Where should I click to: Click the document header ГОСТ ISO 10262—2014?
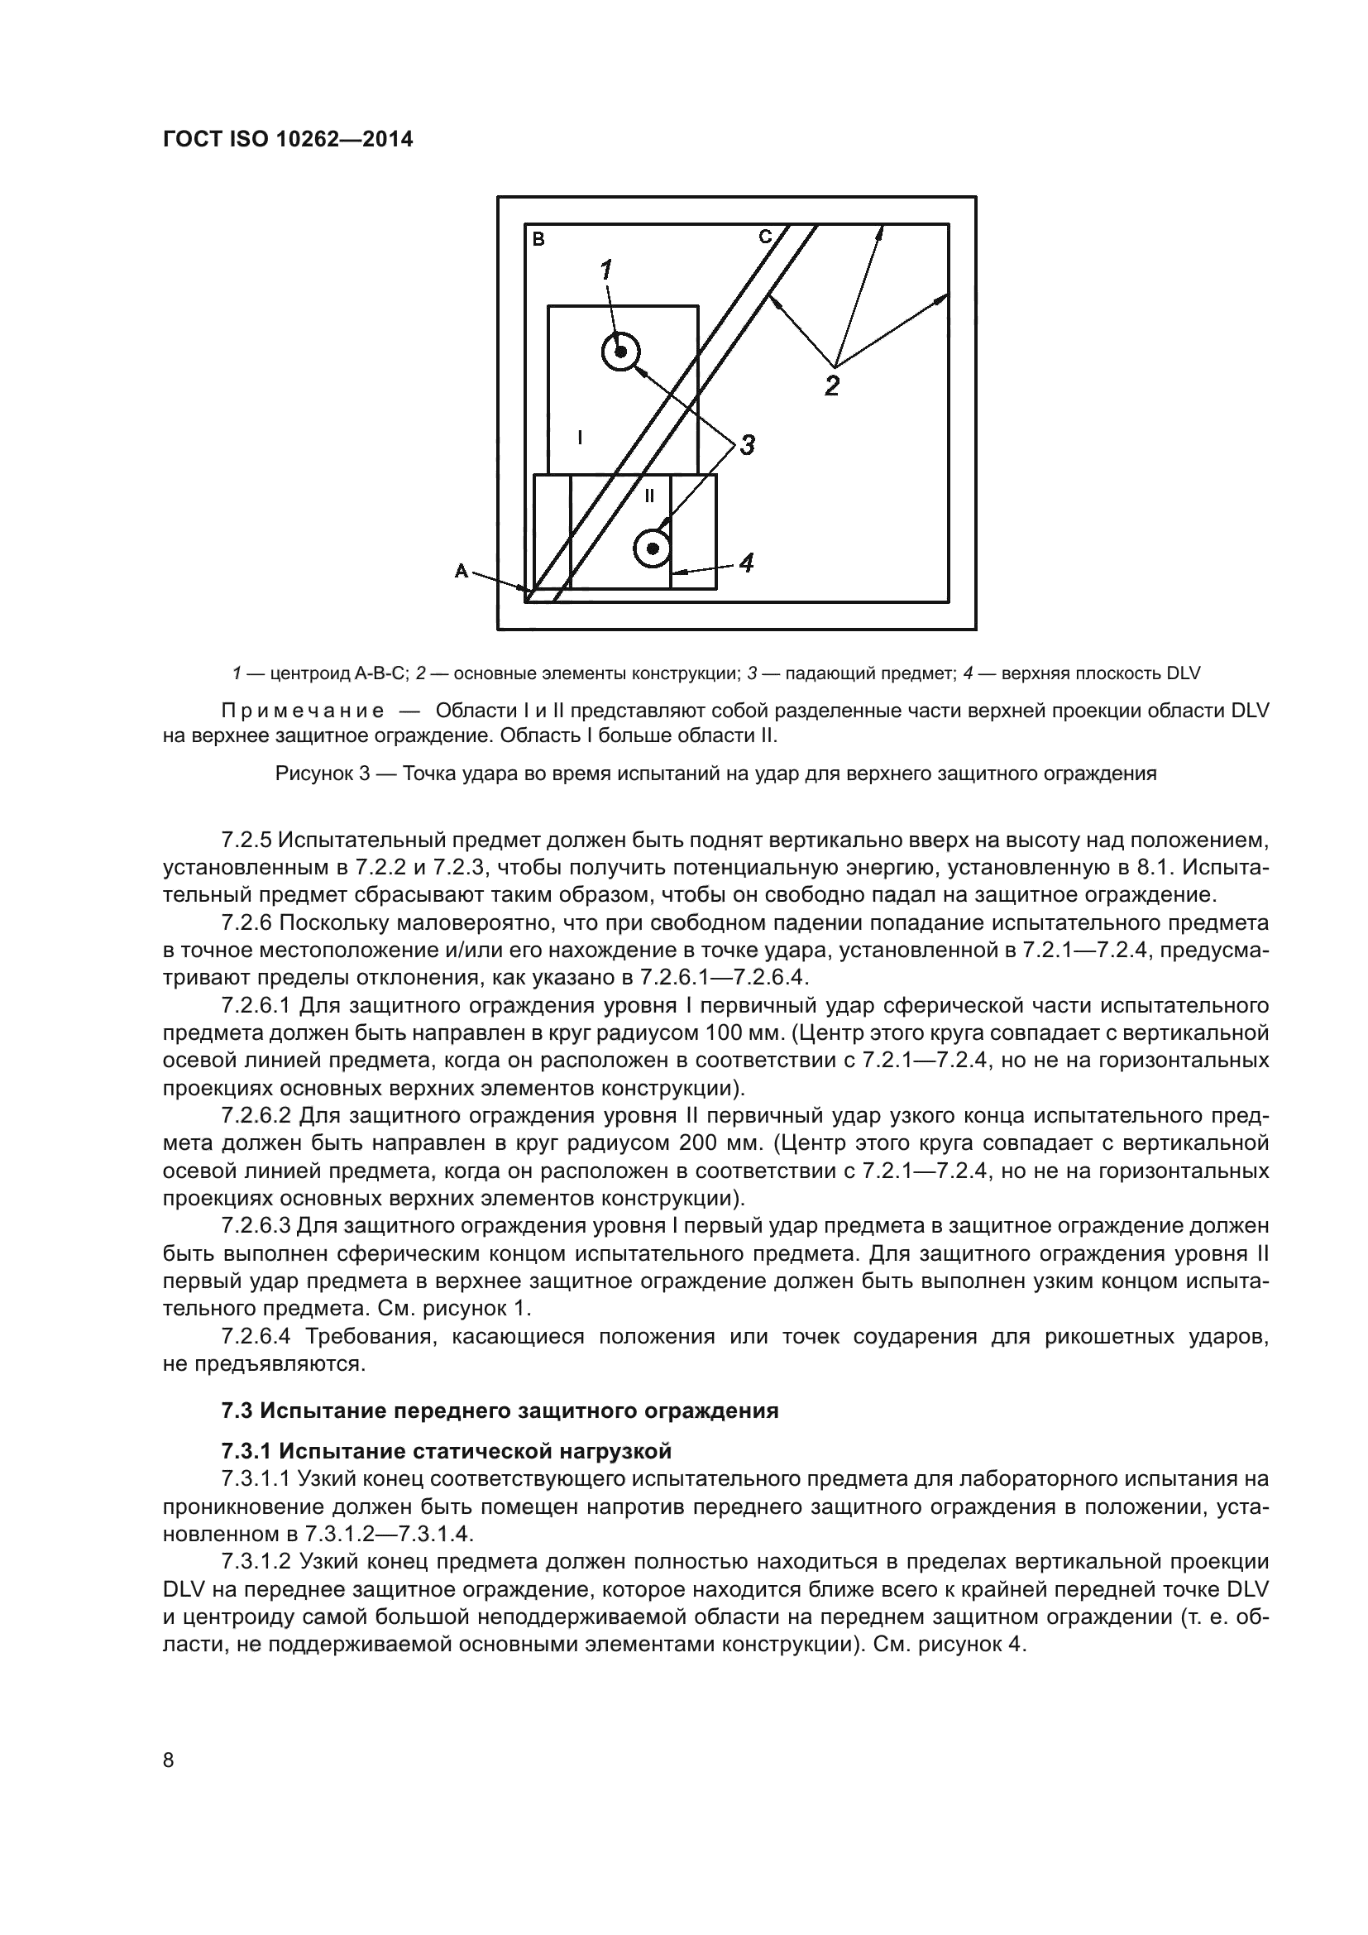point(287,140)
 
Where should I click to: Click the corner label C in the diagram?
point(765,237)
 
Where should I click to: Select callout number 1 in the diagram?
point(605,270)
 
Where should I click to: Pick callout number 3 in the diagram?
point(746,445)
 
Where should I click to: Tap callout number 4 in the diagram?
point(744,562)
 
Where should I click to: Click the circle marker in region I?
point(621,352)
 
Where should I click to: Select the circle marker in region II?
point(652,549)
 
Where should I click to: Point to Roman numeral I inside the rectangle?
point(580,437)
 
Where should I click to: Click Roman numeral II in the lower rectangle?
point(648,496)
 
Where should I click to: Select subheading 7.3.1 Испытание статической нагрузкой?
point(447,1451)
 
